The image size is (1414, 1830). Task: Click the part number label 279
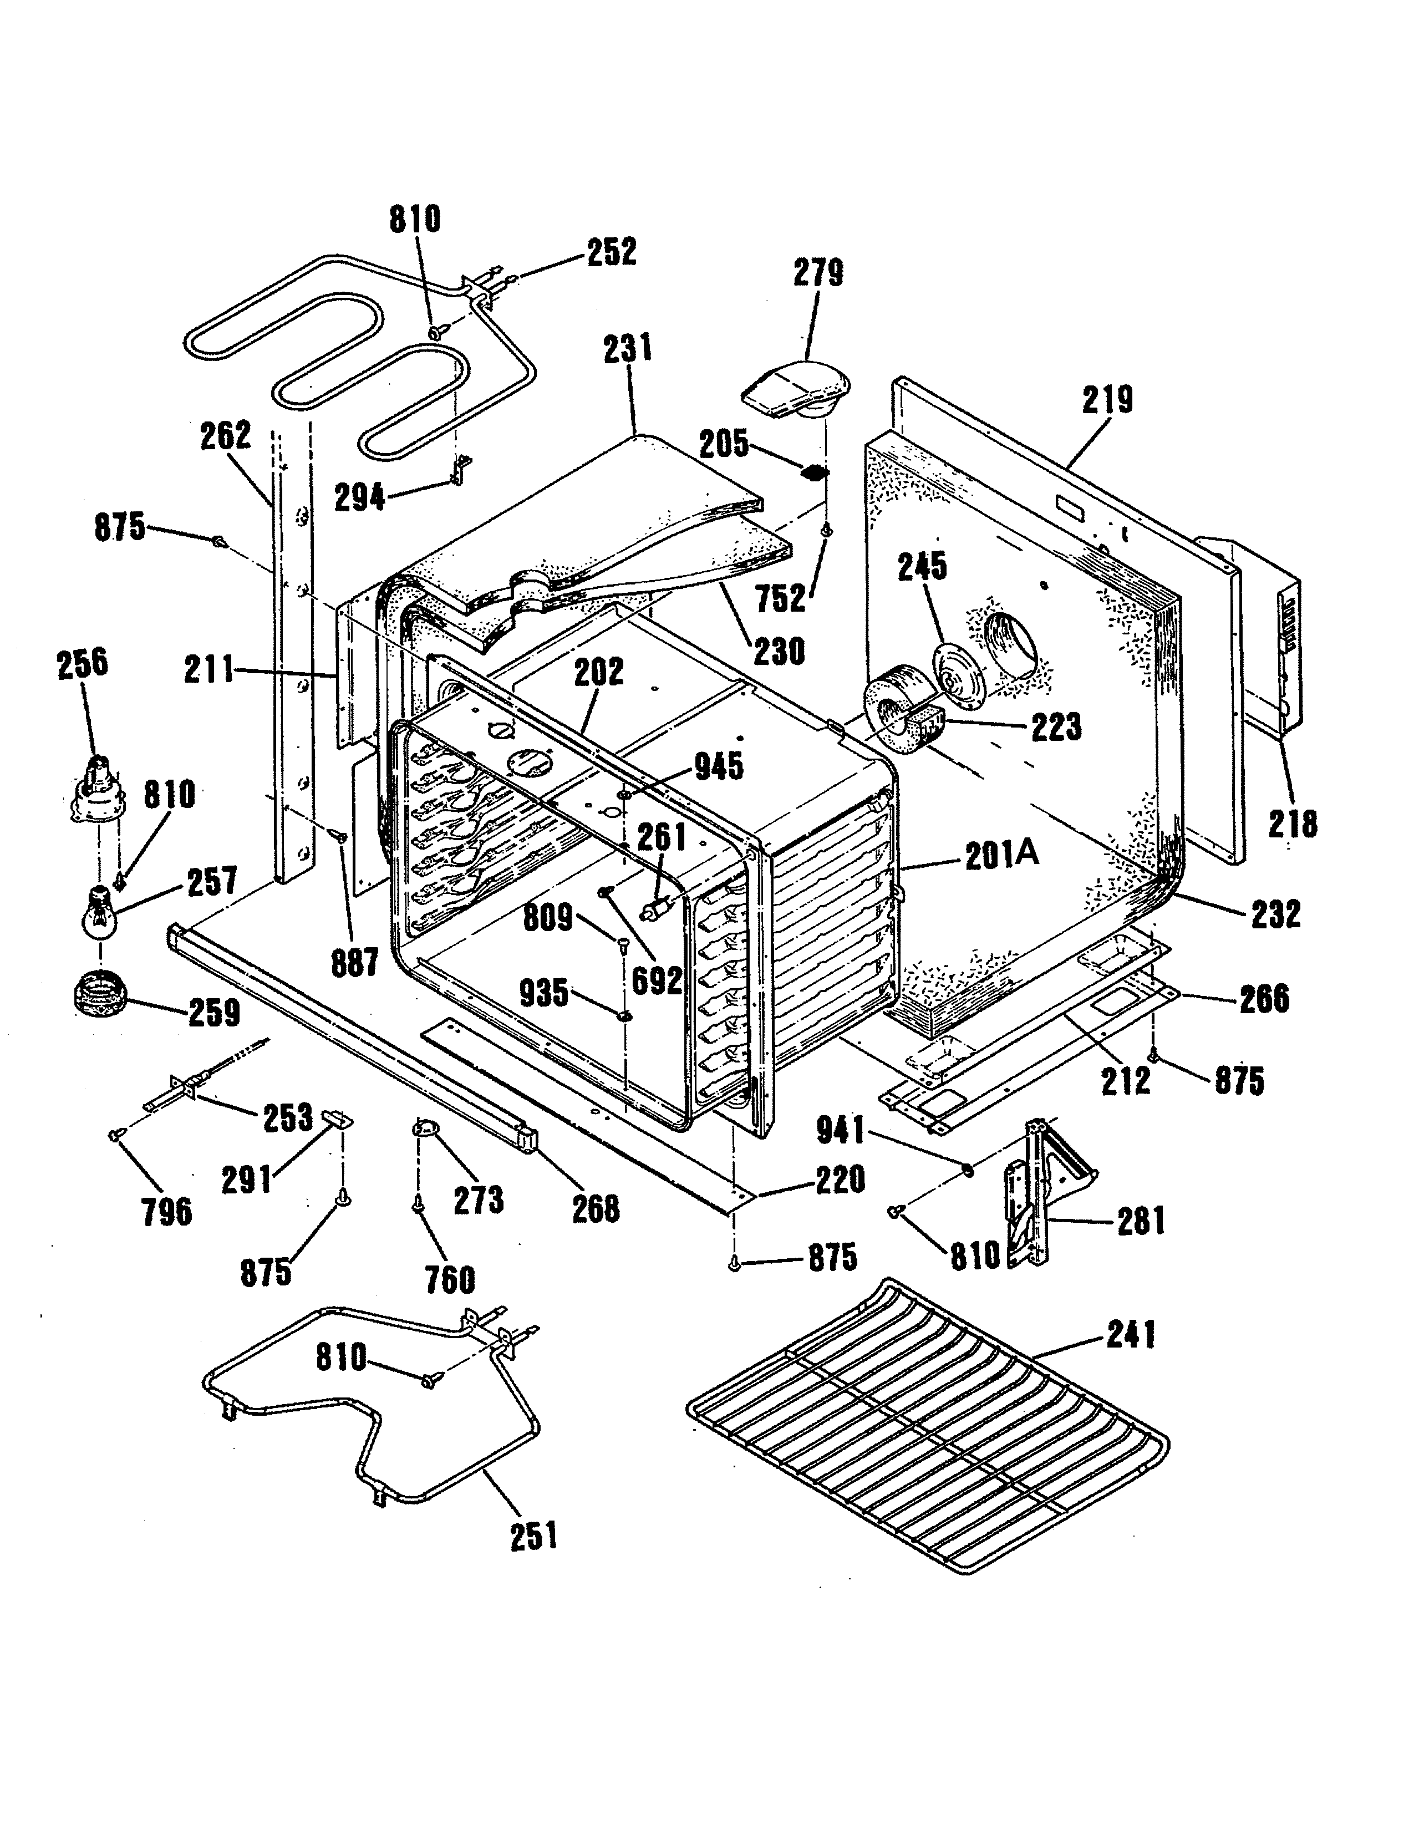click(x=818, y=273)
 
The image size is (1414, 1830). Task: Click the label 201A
click(x=1001, y=855)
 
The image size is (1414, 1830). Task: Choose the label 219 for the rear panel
click(x=1107, y=400)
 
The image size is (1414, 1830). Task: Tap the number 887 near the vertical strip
click(x=354, y=964)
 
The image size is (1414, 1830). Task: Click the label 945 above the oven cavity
click(x=719, y=766)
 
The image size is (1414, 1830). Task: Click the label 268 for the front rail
click(x=596, y=1209)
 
